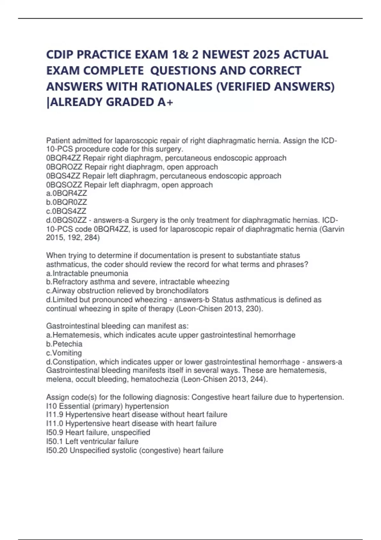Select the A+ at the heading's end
165,102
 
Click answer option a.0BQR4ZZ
66,193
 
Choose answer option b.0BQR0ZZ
66,202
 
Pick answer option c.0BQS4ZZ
66,211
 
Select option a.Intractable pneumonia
87,273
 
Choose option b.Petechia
64,344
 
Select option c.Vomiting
64,353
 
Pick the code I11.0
55,423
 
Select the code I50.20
57,450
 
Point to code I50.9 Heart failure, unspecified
55,432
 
